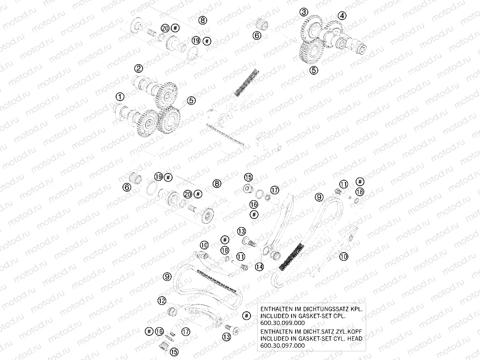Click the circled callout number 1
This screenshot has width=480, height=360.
point(120,97)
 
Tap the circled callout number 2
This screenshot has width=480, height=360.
point(139,68)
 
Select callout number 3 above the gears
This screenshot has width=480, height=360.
point(304,12)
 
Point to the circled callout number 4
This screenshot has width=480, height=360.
point(342,15)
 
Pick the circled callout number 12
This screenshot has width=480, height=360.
point(162,301)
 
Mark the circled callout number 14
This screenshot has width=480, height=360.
point(259,267)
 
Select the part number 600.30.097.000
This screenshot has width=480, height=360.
point(282,345)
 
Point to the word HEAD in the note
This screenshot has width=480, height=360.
point(354,339)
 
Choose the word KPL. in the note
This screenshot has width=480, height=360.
point(357,309)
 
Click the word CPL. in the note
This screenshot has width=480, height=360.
point(339,316)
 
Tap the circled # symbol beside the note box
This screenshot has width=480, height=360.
point(246,316)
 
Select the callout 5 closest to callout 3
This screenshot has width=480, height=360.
point(314,71)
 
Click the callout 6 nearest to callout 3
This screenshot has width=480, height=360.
point(257,35)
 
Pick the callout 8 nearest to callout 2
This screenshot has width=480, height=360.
point(203,20)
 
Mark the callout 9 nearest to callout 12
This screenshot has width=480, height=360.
point(167,277)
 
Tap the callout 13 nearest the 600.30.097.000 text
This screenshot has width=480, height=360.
point(226,337)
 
